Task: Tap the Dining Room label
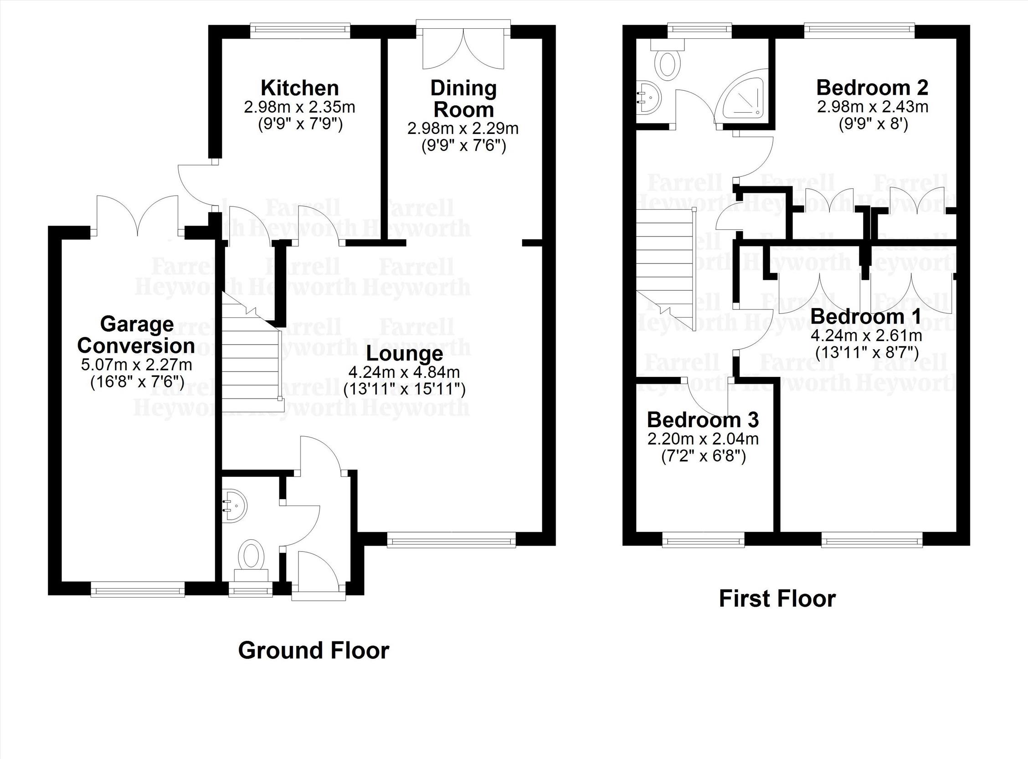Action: point(463,99)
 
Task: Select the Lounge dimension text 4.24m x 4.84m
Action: point(405,371)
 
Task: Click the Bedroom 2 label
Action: point(872,87)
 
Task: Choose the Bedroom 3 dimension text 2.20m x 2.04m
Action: point(703,439)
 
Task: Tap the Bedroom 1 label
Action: point(866,316)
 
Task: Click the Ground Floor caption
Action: point(314,651)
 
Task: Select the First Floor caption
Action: point(777,599)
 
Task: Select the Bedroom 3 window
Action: point(703,540)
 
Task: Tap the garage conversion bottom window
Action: point(138,589)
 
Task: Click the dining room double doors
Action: point(463,48)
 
